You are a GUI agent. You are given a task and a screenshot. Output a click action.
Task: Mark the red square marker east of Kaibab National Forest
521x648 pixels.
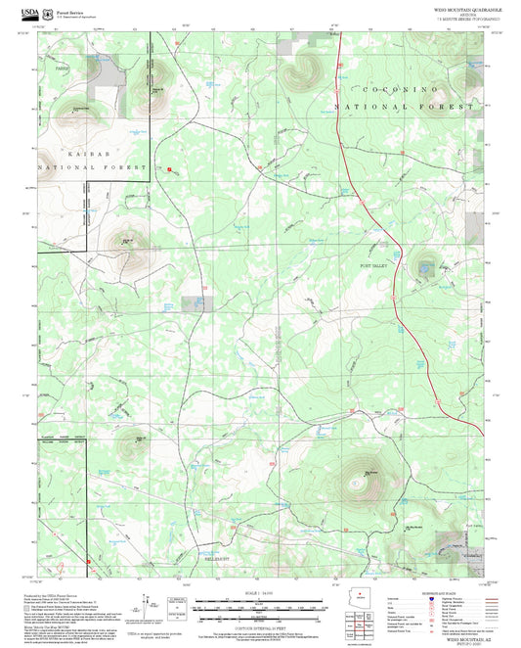pos(170,169)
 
